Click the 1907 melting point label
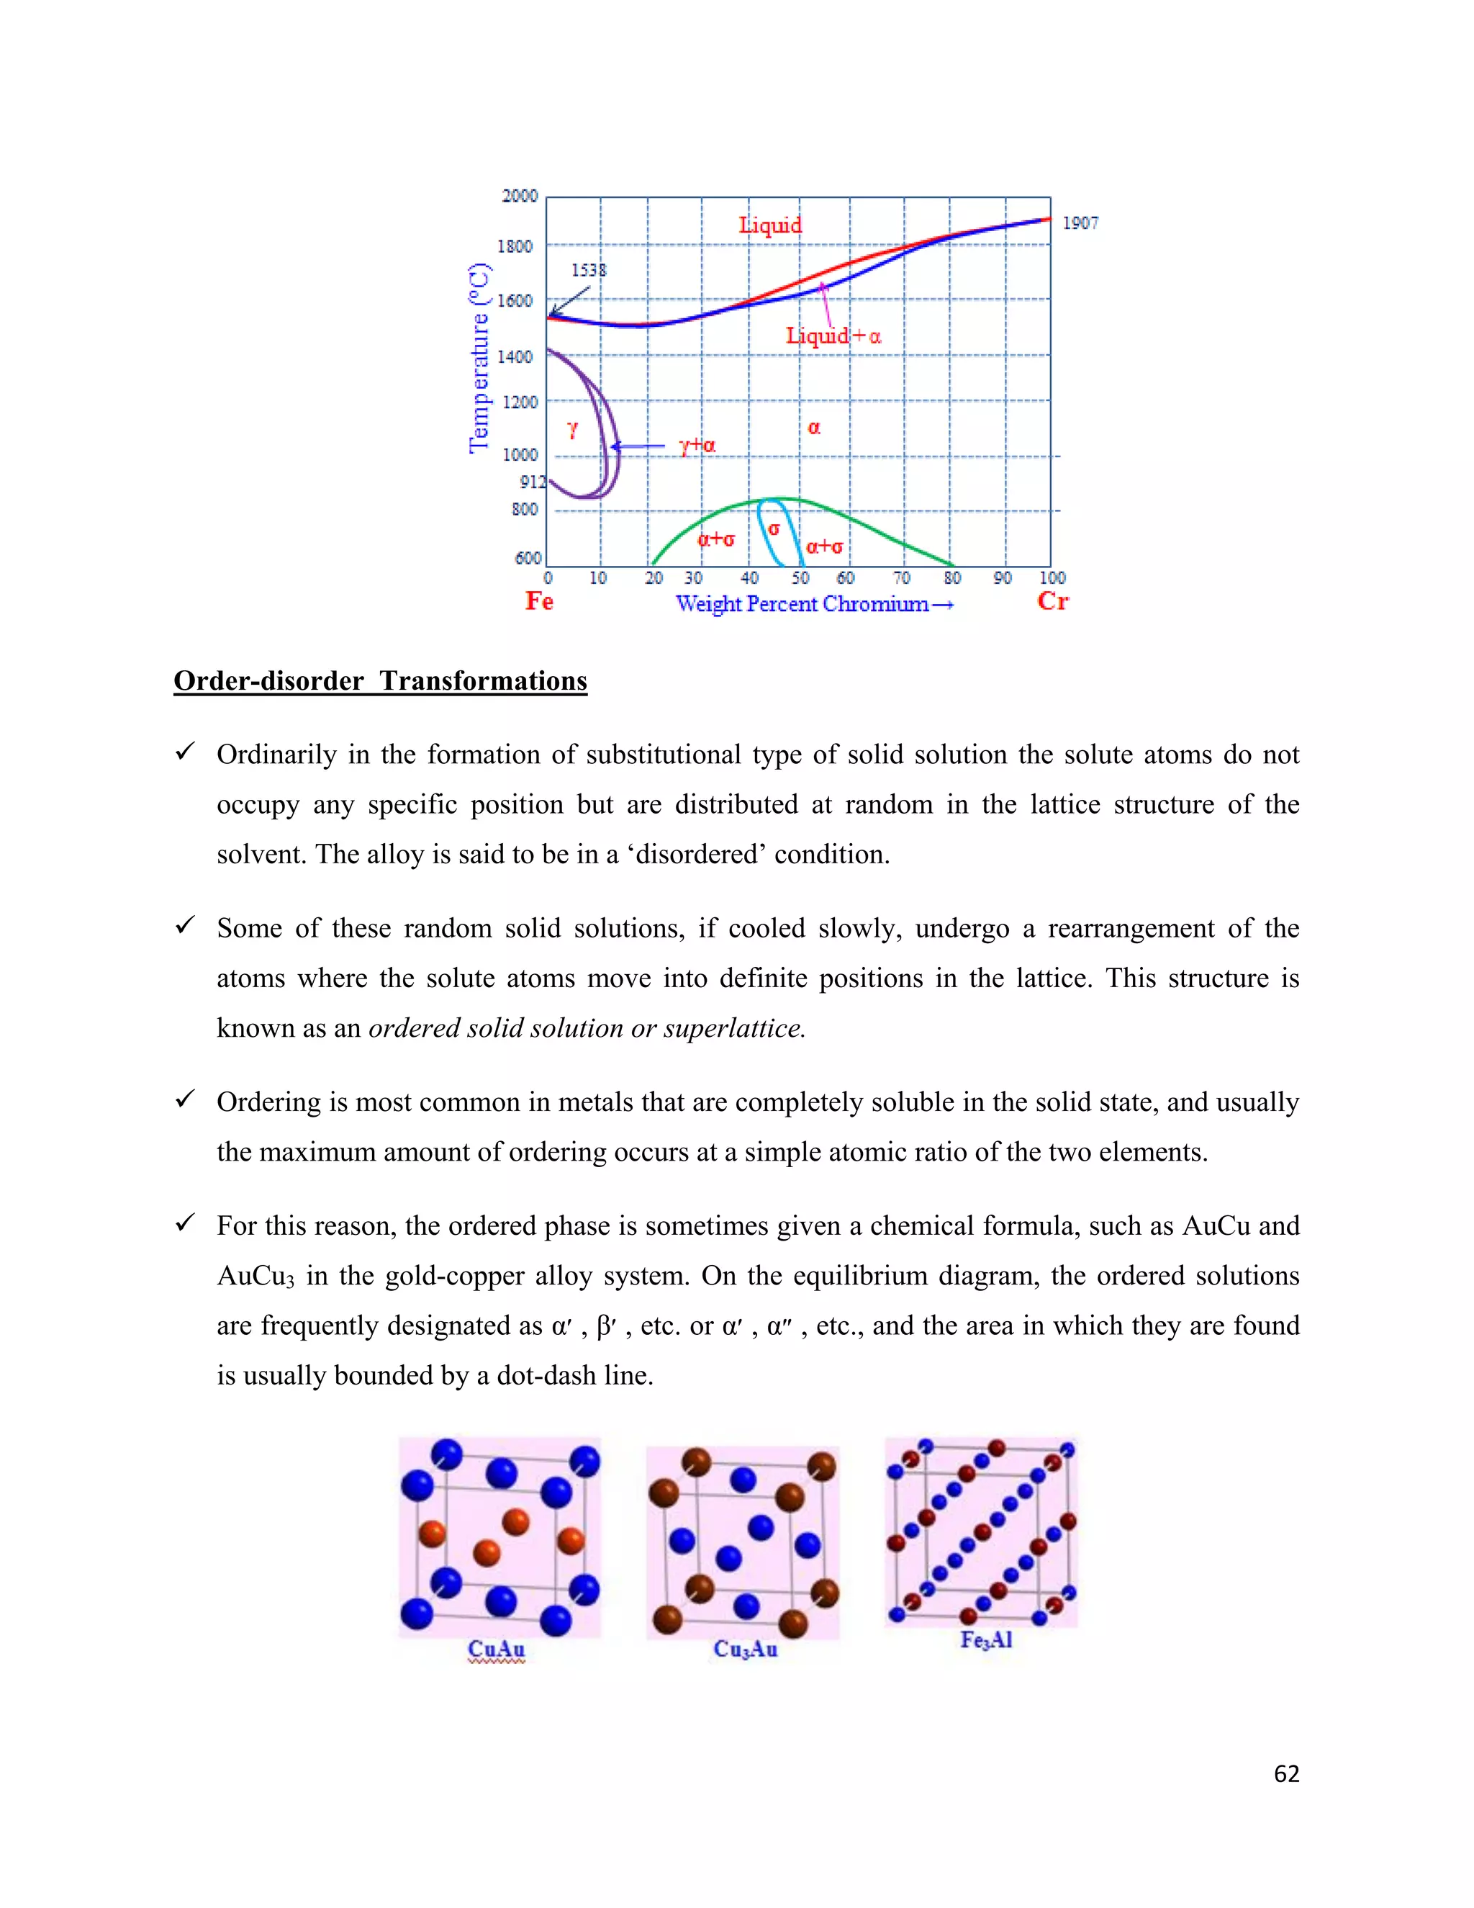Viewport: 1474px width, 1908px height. pyautogui.click(x=1080, y=224)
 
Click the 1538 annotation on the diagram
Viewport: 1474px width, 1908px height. pyautogui.click(x=588, y=270)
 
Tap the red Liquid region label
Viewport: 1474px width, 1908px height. pyautogui.click(x=769, y=225)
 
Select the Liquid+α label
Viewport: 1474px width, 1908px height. pyautogui.click(x=833, y=336)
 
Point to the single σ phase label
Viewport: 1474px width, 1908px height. pyautogui.click(x=774, y=528)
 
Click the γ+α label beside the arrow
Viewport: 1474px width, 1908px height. pyautogui.click(x=697, y=446)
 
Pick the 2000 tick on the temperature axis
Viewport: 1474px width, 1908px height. pyautogui.click(x=520, y=196)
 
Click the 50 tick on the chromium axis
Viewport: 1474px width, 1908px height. pyautogui.click(x=800, y=577)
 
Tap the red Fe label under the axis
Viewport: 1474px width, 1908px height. pyautogui.click(x=539, y=601)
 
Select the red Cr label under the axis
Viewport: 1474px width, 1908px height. pyautogui.click(x=1052, y=601)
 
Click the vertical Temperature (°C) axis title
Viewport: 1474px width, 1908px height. pyautogui.click(x=479, y=358)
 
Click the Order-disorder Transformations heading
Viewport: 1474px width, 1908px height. pyautogui.click(x=380, y=680)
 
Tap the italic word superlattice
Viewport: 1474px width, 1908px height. pyautogui.click(x=733, y=1028)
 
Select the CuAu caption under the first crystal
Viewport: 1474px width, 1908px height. pyautogui.click(x=496, y=1649)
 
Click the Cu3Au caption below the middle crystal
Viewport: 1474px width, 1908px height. pyautogui.click(x=745, y=1649)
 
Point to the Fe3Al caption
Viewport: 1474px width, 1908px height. pyautogui.click(x=986, y=1639)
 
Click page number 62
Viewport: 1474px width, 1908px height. pyautogui.click(x=1285, y=1773)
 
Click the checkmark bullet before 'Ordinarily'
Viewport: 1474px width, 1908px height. pyautogui.click(x=184, y=751)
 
